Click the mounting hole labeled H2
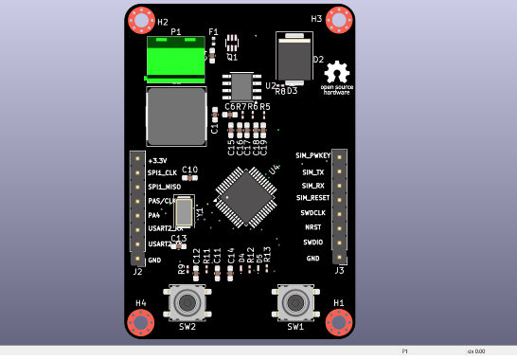pos(141,20)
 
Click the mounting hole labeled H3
pos(339,20)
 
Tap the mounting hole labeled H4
pos(141,322)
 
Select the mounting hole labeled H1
pos(339,322)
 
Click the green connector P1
pos(176,59)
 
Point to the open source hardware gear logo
pos(337,72)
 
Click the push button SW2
pos(187,302)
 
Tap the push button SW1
pos(295,302)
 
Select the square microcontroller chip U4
pos(245,197)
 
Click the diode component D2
pos(294,58)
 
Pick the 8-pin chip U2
pos(242,86)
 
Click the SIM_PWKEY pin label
pos(312,155)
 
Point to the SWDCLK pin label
pos(312,213)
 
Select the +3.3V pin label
pos(158,161)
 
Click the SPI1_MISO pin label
pos(164,187)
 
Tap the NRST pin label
pos(312,228)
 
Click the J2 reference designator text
pos(137,272)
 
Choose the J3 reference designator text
pos(339,271)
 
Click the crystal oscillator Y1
pos(184,210)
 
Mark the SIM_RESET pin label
pos(312,198)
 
